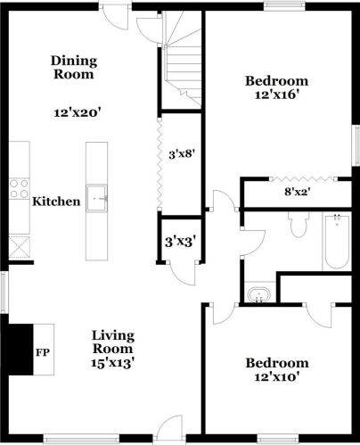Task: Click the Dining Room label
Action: coord(74,68)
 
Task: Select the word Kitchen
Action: coord(56,202)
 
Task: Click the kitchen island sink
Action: coord(97,198)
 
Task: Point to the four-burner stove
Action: coord(19,189)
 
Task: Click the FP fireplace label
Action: coord(43,352)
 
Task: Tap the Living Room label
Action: coord(113,342)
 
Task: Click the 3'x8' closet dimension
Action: coord(182,154)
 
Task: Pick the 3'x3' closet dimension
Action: coord(181,242)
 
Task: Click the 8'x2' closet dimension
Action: coord(298,192)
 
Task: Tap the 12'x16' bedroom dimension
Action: coord(276,95)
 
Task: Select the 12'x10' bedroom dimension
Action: coord(276,377)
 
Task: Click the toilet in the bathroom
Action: coord(299,225)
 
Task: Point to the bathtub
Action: coord(337,242)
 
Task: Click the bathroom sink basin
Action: coord(259,294)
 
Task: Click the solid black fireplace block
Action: coord(20,350)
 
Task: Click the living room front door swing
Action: coord(169,426)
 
